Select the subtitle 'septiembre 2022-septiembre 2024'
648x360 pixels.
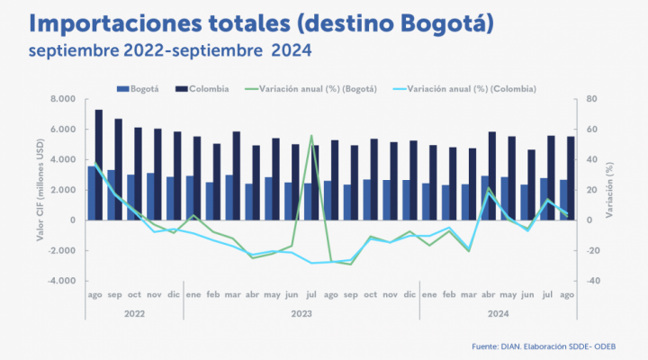click(169, 50)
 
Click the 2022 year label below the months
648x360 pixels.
click(134, 315)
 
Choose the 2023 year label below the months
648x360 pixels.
click(301, 315)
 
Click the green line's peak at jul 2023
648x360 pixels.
click(311, 136)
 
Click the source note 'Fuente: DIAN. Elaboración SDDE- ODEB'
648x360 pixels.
click(549, 346)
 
